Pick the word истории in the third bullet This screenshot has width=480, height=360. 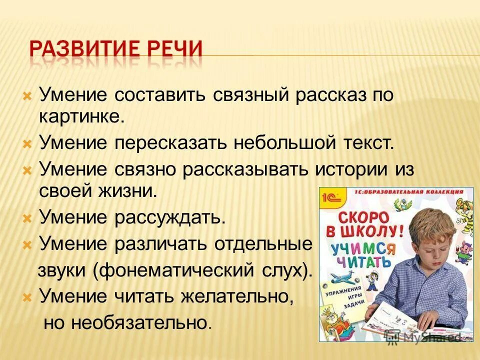coord(351,169)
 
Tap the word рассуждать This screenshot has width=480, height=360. coord(170,218)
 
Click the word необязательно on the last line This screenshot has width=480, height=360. coord(140,323)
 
